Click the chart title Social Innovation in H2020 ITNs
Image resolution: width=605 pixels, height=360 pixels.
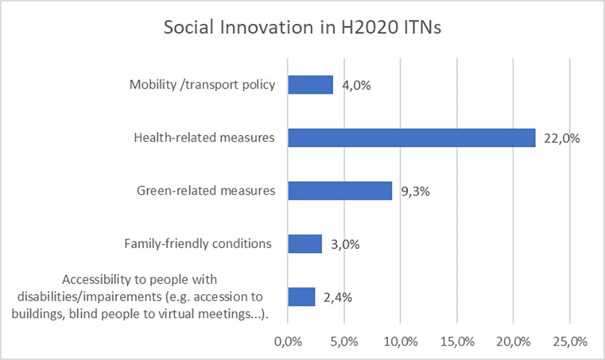click(302, 27)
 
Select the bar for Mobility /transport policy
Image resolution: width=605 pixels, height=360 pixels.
click(311, 85)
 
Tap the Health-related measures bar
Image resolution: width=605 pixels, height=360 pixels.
click(412, 138)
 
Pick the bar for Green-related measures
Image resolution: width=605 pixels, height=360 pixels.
click(340, 191)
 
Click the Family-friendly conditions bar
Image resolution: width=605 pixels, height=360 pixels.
click(305, 244)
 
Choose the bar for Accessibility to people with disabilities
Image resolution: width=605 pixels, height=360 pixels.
click(302, 297)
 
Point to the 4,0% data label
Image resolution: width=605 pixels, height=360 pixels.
click(356, 85)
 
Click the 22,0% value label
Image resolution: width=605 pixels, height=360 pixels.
click(562, 138)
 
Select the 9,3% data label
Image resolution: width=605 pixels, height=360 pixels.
click(415, 191)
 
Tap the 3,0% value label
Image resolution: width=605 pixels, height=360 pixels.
click(345, 244)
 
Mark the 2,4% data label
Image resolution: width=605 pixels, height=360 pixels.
click(338, 298)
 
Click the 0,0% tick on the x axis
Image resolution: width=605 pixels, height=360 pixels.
click(288, 342)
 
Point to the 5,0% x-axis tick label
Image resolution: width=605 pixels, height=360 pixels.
click(344, 342)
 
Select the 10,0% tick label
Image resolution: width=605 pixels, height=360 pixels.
click(401, 342)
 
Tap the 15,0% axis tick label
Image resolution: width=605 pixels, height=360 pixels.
click(457, 342)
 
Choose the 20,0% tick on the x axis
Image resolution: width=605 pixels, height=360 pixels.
click(514, 342)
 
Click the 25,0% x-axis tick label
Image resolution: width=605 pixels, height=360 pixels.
click(570, 342)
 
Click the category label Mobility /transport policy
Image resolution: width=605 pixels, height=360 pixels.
click(202, 85)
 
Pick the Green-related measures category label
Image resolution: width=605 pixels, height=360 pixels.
click(206, 191)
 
